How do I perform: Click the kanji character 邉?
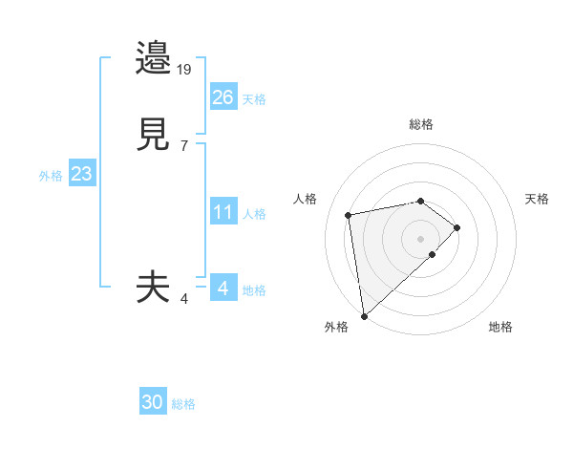click(154, 59)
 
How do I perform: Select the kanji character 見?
click(154, 135)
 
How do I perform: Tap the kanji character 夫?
click(154, 287)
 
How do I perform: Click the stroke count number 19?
click(185, 69)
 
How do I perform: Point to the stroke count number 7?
click(184, 145)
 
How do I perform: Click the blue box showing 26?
click(223, 97)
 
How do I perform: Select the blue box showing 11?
click(223, 212)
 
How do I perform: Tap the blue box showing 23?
click(81, 174)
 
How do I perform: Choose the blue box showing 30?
click(153, 403)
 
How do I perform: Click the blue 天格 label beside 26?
click(253, 99)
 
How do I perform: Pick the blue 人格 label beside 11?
click(255, 214)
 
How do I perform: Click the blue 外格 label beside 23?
click(51, 176)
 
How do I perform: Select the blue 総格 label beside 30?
click(183, 405)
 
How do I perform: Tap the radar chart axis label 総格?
click(421, 124)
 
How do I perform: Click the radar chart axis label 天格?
click(537, 199)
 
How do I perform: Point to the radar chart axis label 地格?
click(500, 327)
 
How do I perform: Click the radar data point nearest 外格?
click(363, 315)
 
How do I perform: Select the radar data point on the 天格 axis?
click(457, 227)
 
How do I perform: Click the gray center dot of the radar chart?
click(421, 238)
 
